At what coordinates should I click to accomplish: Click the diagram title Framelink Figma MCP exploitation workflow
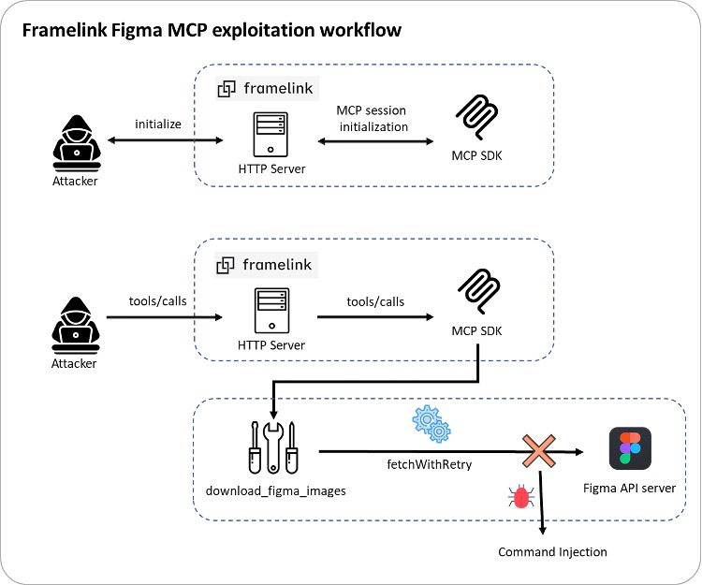coord(212,30)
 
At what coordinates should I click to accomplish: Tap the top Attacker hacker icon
coord(74,140)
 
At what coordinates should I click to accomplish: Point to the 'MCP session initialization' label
coord(373,118)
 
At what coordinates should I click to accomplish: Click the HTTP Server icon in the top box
coord(271,133)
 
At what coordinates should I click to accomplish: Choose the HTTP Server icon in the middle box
coord(271,314)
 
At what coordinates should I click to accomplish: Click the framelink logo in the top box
coord(267,89)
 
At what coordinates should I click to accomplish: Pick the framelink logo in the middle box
coord(267,265)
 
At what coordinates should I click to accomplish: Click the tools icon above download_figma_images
coord(273,448)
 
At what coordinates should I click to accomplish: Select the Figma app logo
coord(631,447)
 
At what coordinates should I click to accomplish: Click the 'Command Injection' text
coord(552,551)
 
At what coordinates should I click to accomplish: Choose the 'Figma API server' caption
coord(628,488)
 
